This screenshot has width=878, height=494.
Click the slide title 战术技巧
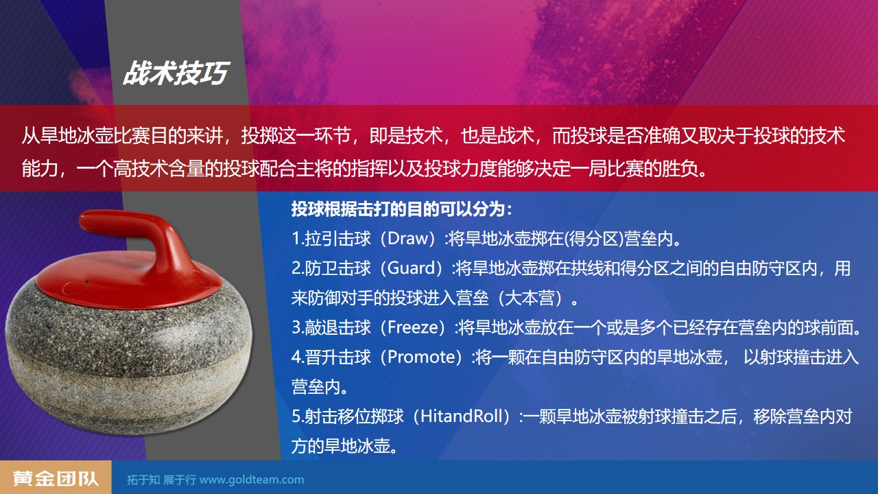click(x=175, y=73)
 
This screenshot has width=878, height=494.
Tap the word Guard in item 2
click(x=412, y=268)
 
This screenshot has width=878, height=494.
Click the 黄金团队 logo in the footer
click(x=56, y=478)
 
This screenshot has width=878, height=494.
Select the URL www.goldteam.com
click(x=252, y=480)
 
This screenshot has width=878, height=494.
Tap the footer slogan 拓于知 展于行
click(x=161, y=480)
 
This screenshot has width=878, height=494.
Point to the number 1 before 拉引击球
click(x=296, y=239)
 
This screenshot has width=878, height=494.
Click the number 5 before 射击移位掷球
click(x=296, y=416)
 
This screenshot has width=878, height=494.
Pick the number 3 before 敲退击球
click(x=296, y=328)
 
